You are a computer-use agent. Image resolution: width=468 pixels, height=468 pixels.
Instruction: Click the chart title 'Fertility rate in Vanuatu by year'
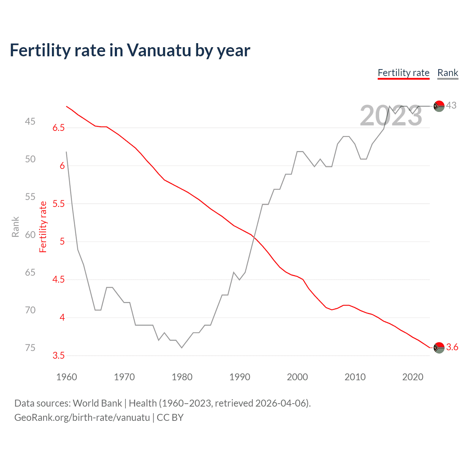point(130,50)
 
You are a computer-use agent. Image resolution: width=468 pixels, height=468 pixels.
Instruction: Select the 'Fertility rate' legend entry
point(403,73)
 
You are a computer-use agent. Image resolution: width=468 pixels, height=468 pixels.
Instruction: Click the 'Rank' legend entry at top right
point(448,73)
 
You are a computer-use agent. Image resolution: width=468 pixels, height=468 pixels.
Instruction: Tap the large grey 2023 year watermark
point(391,116)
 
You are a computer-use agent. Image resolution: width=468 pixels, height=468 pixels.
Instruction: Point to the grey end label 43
point(451,106)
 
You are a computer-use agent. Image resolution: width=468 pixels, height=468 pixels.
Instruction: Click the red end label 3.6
point(452,347)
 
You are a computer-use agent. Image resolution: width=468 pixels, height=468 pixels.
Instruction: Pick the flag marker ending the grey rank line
point(439,106)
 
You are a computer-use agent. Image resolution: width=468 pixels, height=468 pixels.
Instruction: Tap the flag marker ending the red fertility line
point(439,348)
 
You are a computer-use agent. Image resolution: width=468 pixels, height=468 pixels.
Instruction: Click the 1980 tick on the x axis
point(182,377)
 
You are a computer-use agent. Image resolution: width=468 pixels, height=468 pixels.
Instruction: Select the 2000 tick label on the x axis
point(297,377)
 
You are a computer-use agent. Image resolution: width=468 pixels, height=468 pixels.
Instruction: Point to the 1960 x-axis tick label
point(67,377)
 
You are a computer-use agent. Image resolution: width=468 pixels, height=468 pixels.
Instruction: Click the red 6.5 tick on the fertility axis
point(58,128)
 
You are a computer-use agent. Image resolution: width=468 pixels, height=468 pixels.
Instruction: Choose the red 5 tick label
point(62,242)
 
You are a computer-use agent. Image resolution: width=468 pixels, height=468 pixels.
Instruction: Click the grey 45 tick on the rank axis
point(30,121)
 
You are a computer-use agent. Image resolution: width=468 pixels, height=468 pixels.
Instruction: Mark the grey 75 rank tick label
point(30,348)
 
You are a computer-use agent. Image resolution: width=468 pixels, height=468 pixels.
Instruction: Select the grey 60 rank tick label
point(30,235)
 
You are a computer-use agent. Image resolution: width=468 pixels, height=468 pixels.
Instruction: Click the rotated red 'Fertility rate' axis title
point(43,227)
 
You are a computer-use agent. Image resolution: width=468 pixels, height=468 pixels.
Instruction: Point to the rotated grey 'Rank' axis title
point(15,227)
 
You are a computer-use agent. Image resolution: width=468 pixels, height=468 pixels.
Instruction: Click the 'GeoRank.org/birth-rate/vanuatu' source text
point(82,418)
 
